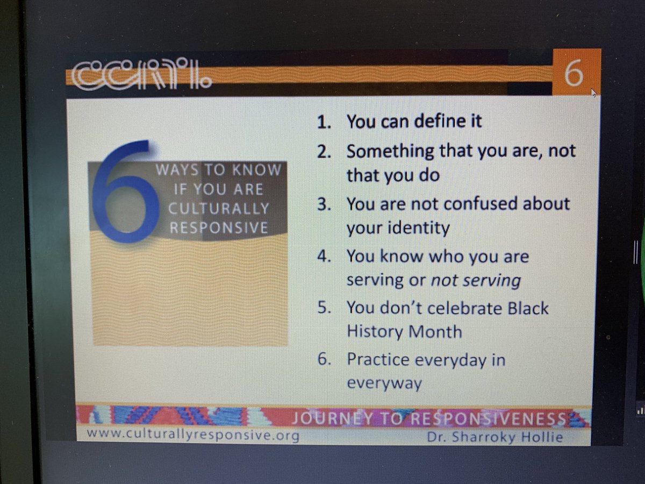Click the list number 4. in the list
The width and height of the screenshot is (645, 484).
point(324,257)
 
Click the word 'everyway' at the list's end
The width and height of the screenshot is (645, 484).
point(384,383)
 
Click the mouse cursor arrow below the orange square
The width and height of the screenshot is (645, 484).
point(593,92)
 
